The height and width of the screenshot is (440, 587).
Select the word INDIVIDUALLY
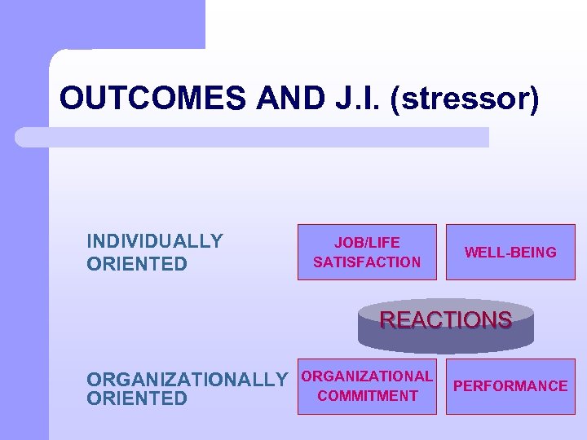point(155,241)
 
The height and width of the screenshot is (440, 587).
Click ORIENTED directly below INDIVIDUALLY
point(137,264)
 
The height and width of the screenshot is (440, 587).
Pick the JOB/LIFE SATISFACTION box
point(367,252)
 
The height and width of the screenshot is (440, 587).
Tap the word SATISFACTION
point(367,262)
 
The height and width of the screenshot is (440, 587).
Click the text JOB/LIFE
point(367,243)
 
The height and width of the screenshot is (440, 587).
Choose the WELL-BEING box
point(510,252)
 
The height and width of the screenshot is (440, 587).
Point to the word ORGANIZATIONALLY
point(188,380)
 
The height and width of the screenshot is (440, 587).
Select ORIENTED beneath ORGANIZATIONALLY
point(137,398)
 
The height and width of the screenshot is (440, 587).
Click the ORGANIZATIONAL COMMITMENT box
point(367,386)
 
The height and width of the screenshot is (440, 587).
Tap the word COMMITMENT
point(367,396)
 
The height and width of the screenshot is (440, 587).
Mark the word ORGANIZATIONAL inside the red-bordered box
point(367,376)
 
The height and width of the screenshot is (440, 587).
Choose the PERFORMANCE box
point(510,386)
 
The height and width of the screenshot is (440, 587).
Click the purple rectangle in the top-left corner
point(102,24)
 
